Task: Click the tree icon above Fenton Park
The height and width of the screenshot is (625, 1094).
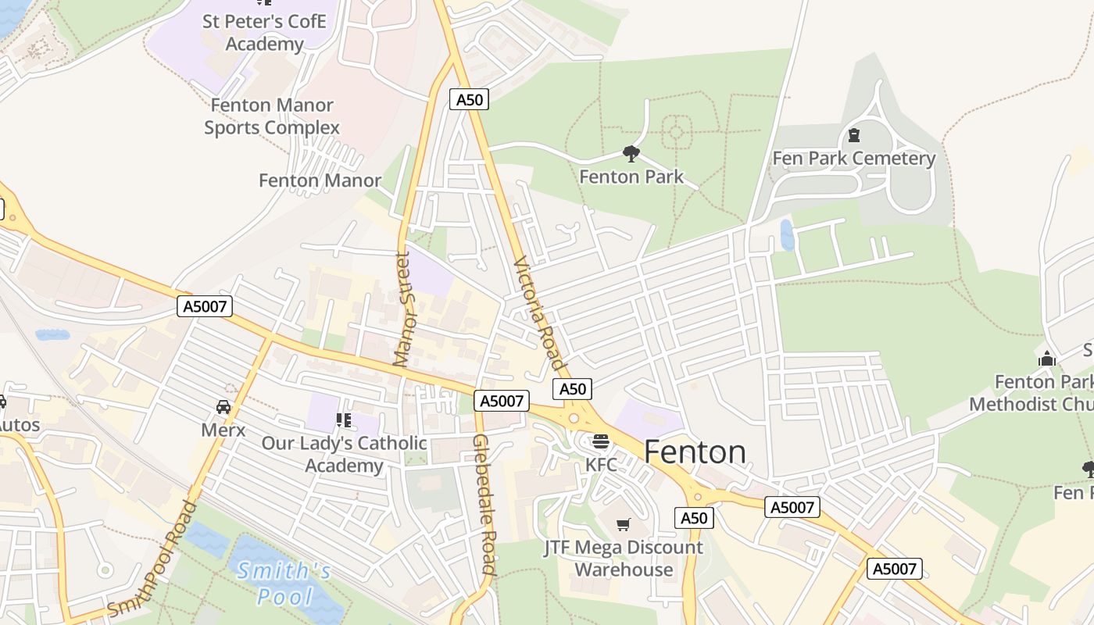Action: pos(631,153)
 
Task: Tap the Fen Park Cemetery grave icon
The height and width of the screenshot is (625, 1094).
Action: pos(854,135)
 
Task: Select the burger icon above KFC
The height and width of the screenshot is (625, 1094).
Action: pos(600,441)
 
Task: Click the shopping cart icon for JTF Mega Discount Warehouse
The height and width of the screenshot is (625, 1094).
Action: pos(623,524)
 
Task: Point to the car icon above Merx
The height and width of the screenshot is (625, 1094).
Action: pos(223,407)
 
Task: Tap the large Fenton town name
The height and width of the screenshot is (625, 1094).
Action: pos(695,452)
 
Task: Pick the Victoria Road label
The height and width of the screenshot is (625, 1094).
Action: pos(538,313)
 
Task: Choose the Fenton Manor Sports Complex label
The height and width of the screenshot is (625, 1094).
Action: pos(272,116)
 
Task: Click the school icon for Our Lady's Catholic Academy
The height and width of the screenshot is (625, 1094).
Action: pos(344,420)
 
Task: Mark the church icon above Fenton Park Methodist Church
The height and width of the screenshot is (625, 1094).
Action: pos(1047,359)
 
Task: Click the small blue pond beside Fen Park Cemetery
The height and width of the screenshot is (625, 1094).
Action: pos(787,234)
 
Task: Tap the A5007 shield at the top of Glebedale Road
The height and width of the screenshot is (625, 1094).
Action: pos(501,401)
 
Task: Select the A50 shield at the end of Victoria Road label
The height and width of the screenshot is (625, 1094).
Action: pos(572,389)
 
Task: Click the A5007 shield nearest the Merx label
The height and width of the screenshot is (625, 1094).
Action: pos(205,306)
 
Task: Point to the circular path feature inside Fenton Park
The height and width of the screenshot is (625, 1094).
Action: pos(676,131)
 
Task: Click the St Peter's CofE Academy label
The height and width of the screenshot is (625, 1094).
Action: pos(263,32)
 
